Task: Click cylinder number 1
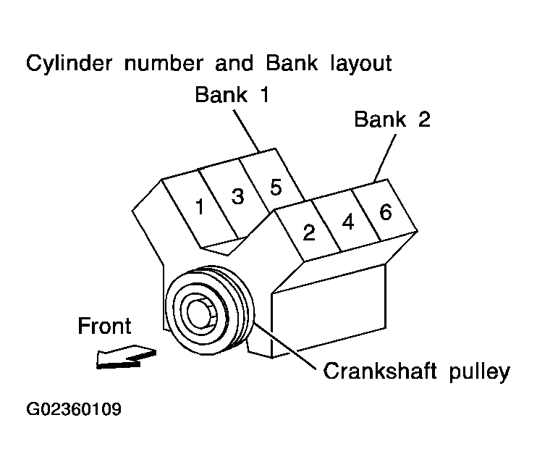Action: click(x=200, y=207)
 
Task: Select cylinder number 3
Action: click(x=237, y=196)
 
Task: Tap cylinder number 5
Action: click(x=275, y=187)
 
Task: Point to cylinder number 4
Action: click(x=347, y=222)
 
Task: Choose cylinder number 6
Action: click(x=385, y=212)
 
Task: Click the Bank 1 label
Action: click(x=232, y=95)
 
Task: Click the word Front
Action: click(x=106, y=326)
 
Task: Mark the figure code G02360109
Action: click(x=74, y=410)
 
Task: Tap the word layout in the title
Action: click(x=356, y=63)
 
